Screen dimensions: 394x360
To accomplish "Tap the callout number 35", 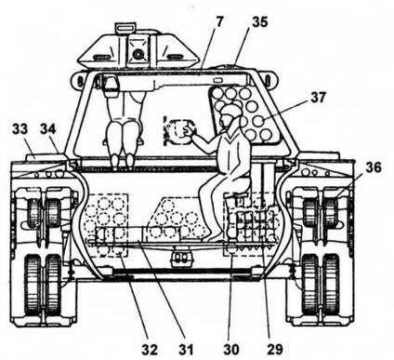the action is tap(260, 22).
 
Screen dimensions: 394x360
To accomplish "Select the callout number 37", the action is tap(318, 98).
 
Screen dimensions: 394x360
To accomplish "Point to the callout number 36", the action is tap(374, 167).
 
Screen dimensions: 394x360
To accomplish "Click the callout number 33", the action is tap(20, 129).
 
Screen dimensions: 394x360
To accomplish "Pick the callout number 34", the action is tap(48, 129).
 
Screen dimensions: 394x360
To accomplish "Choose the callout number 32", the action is tap(151, 350).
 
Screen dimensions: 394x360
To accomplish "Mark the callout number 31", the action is tap(186, 350).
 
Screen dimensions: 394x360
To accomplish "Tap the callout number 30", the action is tap(231, 350).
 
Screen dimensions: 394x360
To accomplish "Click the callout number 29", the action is tap(275, 350).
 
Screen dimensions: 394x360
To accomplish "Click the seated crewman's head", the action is tap(230, 115).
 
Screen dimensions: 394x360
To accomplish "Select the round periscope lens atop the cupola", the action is tap(138, 55).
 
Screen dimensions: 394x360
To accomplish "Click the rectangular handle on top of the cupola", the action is tap(125, 27).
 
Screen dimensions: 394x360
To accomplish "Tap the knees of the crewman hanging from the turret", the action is tap(123, 133).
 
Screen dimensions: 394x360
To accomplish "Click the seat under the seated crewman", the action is tap(238, 188).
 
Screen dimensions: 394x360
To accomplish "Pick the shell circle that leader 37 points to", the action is tap(259, 120).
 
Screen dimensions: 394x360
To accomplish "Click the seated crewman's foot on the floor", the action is tap(216, 238).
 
